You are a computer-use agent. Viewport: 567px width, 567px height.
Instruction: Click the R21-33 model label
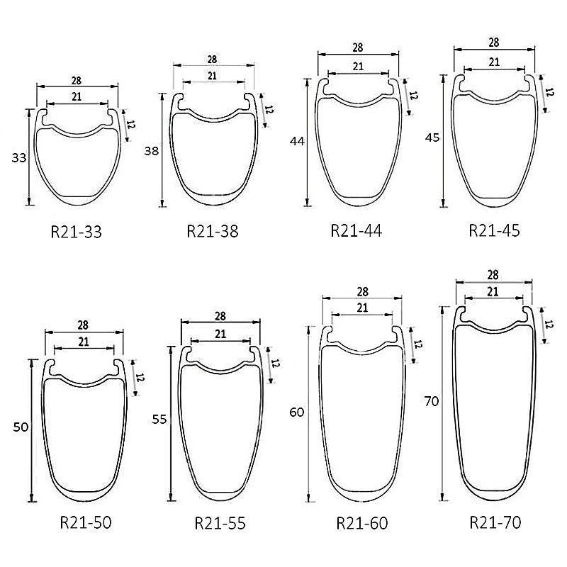click(x=77, y=232)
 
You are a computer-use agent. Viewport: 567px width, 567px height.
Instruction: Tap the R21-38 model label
click(x=213, y=232)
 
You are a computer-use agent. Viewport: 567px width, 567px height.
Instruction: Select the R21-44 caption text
click(x=357, y=231)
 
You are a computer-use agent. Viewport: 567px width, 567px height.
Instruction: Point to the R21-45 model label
click(x=494, y=230)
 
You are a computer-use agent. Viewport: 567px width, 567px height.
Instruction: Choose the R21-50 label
click(x=86, y=522)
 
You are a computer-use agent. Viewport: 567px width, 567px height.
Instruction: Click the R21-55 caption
click(x=220, y=523)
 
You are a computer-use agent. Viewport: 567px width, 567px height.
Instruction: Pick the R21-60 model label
click(x=362, y=523)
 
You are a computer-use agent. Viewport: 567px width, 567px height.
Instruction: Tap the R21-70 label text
click(x=495, y=522)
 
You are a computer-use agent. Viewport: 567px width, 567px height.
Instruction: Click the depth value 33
click(x=19, y=158)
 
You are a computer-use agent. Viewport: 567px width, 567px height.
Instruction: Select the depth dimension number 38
click(x=152, y=151)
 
